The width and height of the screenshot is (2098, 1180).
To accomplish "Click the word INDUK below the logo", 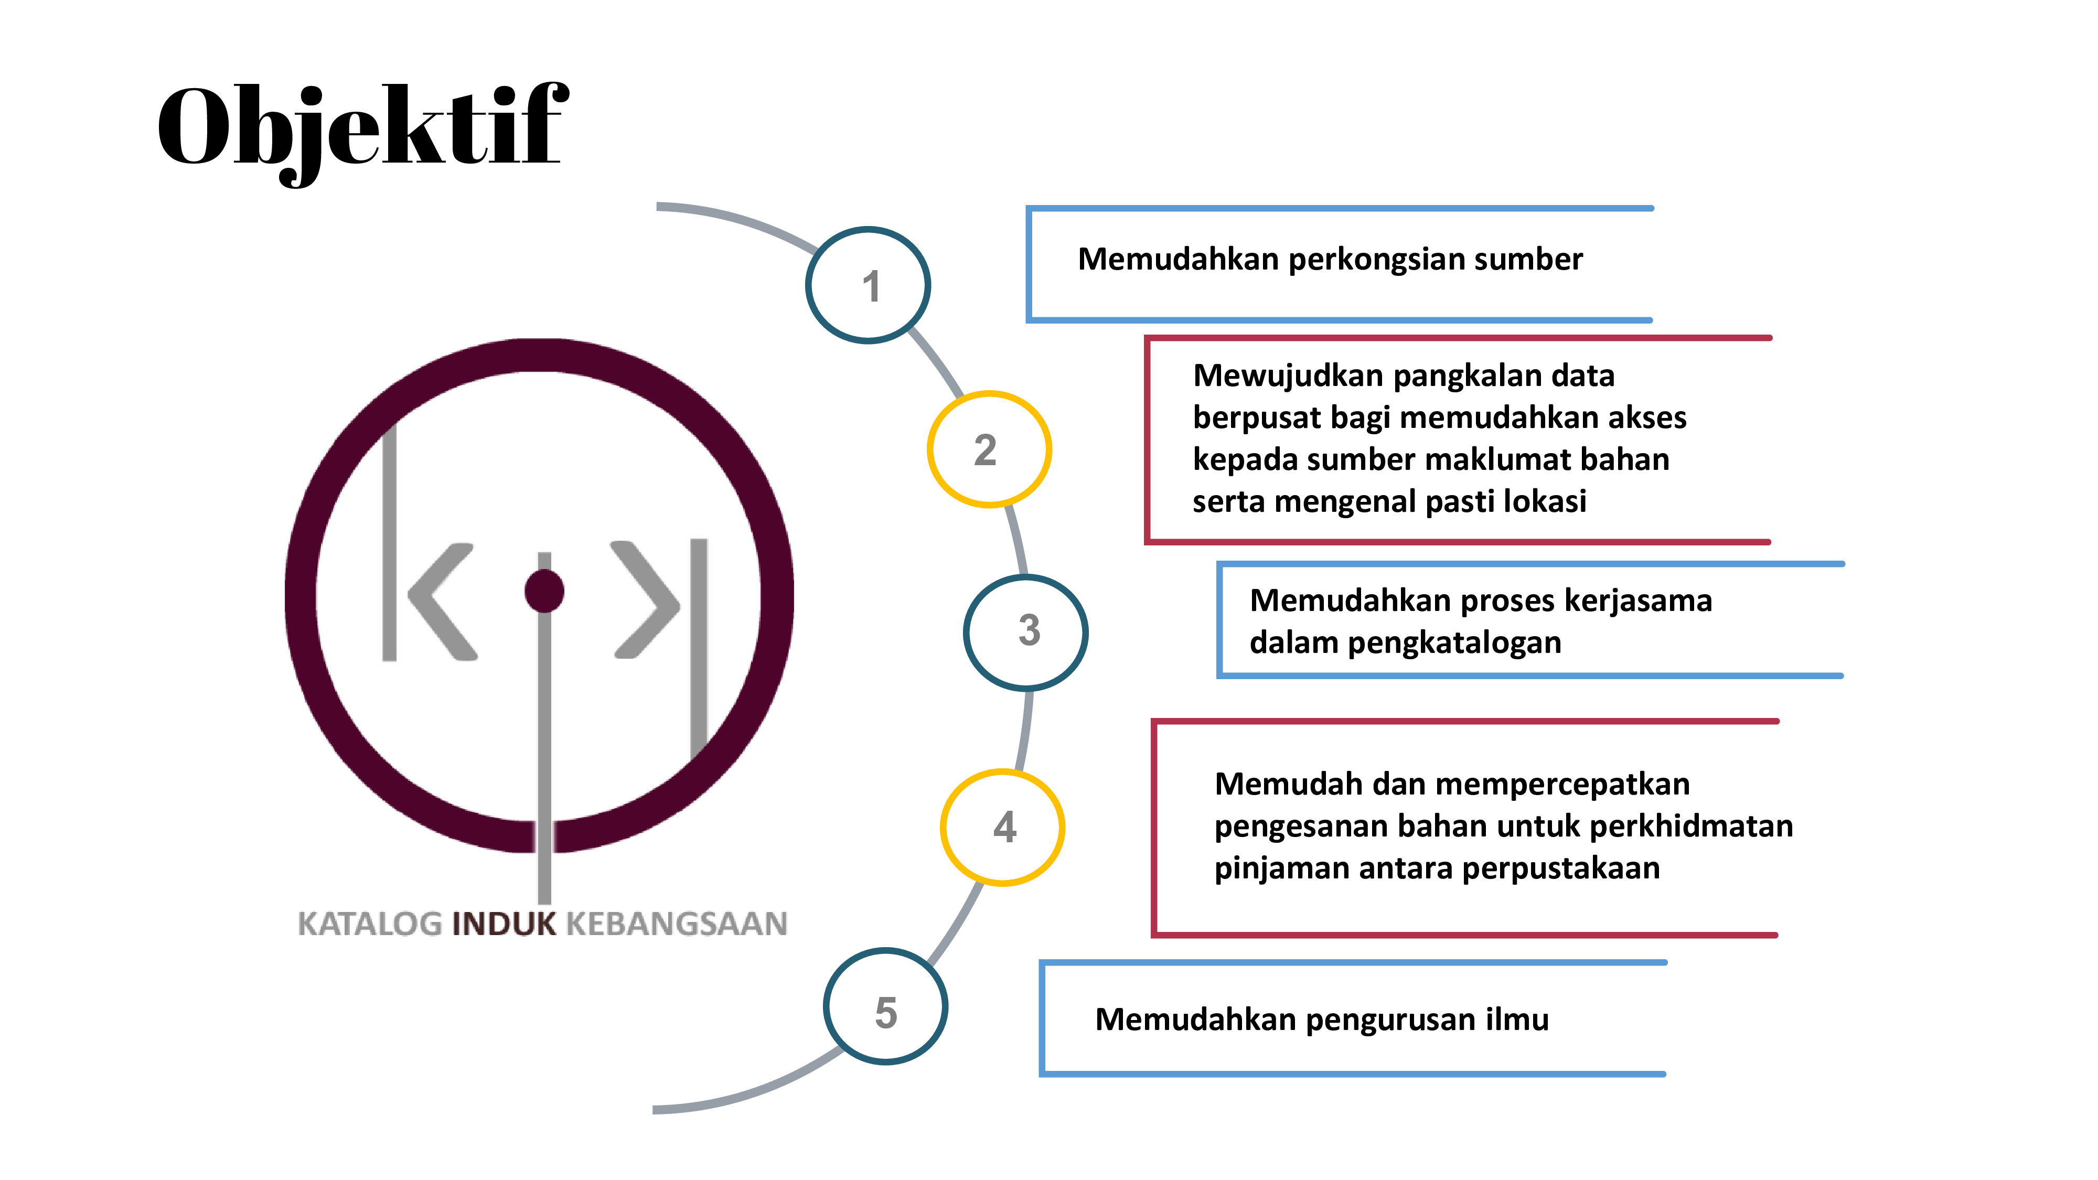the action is [x=504, y=924].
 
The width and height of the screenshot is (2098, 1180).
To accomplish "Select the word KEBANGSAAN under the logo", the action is [x=677, y=924].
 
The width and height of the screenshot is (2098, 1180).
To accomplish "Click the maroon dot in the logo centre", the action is [x=544, y=591].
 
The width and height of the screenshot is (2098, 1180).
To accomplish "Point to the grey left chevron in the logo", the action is [x=442, y=601].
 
